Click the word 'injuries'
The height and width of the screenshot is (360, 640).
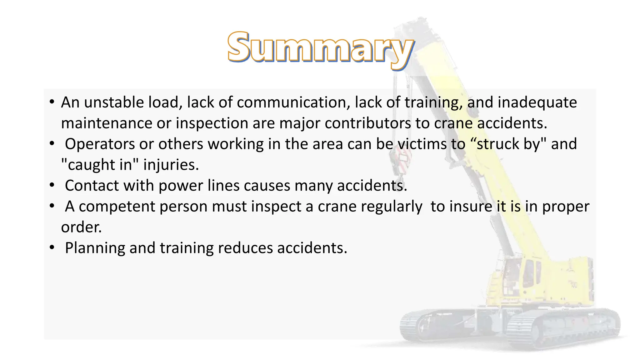click(171, 165)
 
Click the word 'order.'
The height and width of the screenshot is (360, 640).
click(81, 227)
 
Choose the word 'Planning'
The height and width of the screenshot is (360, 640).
click(95, 248)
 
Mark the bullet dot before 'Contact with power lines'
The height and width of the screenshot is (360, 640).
click(52, 185)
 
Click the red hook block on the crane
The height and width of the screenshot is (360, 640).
click(402, 162)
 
